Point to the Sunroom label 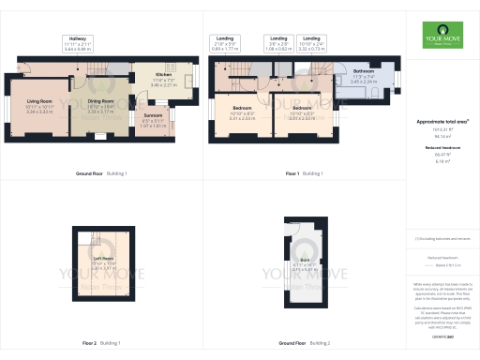point(154,116)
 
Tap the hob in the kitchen point(172,67)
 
